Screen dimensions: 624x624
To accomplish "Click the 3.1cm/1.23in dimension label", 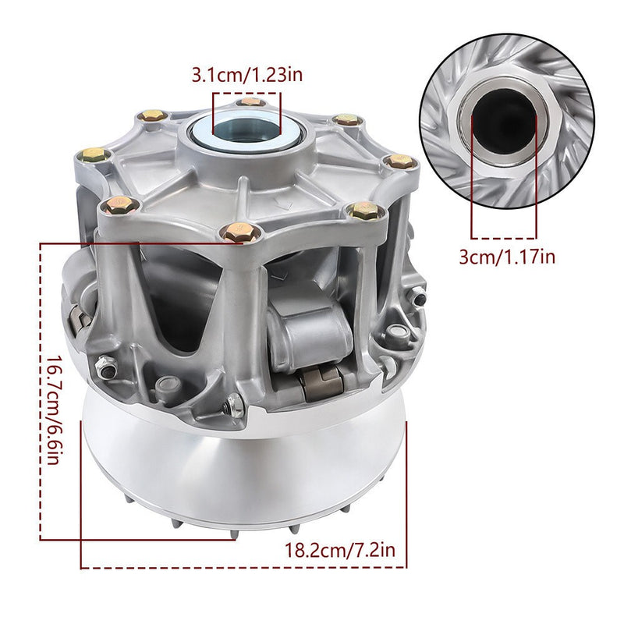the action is tap(246, 75).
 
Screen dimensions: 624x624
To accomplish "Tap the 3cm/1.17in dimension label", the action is tap(507, 257).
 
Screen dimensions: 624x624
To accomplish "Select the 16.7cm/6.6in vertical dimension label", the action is tap(54, 410).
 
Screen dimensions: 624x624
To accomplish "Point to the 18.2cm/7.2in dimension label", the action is tap(340, 550).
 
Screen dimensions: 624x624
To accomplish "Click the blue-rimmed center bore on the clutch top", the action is tap(246, 130).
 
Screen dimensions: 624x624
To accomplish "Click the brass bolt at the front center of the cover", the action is tap(239, 232).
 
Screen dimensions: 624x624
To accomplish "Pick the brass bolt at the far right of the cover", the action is tap(399, 161).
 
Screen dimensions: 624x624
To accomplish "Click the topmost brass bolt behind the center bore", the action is tap(250, 102).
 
